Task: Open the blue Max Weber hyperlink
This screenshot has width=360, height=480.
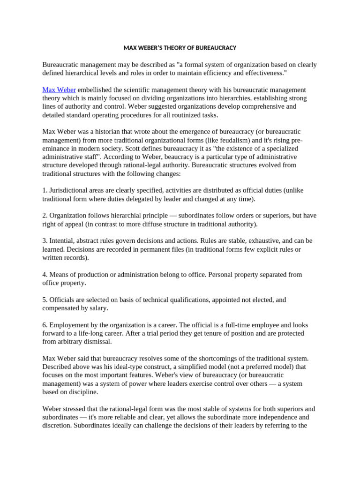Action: coord(59,90)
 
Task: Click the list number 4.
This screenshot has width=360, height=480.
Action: coord(45,275)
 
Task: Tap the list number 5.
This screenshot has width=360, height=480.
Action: coord(45,300)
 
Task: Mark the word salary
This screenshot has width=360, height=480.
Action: coord(98,308)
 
